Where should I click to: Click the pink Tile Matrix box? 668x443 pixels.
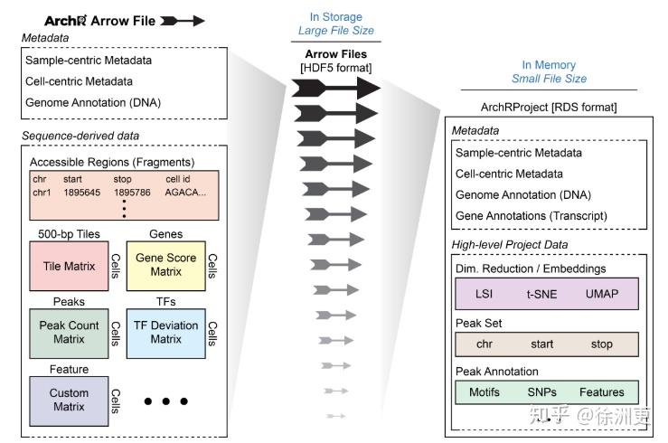(68, 267)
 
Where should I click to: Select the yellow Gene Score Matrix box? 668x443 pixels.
(165, 265)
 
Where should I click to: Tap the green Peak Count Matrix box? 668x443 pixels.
(69, 332)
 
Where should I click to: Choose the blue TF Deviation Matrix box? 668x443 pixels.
(165, 332)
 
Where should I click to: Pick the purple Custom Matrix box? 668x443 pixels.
(69, 400)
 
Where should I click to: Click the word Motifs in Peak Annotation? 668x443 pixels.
(485, 392)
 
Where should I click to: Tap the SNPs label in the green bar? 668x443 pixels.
(543, 392)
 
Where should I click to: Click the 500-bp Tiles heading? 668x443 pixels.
(69, 234)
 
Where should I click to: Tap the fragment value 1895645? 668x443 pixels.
(82, 192)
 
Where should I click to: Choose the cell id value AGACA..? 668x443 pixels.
(185, 192)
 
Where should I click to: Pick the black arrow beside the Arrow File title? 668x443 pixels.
(184, 20)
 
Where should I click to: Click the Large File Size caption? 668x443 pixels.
(335, 31)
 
